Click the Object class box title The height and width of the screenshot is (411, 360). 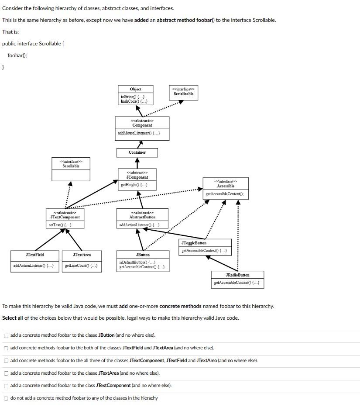136,89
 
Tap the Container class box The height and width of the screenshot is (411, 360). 137,152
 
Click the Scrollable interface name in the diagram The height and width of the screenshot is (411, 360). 71,166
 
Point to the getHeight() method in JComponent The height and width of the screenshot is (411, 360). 134,185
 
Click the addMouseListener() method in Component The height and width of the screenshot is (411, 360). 139,133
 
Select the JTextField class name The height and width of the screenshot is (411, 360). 34,255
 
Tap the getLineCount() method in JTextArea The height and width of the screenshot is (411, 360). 81,266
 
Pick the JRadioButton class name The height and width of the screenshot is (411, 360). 237,275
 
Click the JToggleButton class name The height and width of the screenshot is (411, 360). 194,243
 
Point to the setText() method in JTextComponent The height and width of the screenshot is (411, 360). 60,225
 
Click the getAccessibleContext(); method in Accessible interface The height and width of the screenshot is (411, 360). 224,194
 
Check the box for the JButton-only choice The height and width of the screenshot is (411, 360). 6,335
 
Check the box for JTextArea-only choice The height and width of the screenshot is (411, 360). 6,373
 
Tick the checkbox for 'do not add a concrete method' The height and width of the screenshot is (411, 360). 6,398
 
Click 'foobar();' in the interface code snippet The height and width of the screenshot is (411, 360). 17,55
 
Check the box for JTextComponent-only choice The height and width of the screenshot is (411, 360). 6,386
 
